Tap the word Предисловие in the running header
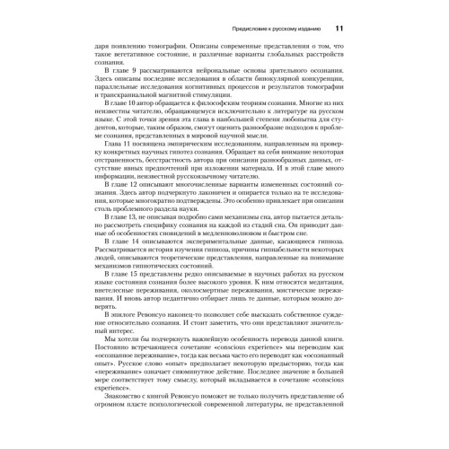[251, 29]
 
